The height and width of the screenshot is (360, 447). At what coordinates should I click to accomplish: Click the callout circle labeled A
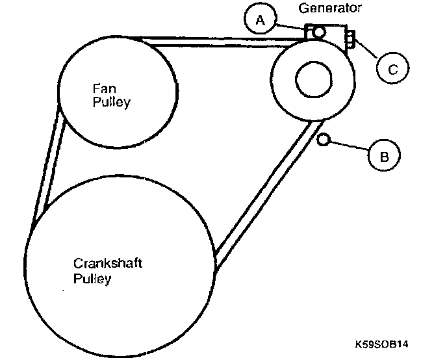261,20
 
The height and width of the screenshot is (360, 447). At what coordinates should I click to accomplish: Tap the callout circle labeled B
384,155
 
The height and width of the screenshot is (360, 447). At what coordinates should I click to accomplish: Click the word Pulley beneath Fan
112,102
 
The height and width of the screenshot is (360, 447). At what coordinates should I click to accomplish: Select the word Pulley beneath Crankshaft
92,279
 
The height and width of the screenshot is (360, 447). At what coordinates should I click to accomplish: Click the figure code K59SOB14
387,342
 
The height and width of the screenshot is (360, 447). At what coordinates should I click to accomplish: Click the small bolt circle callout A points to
320,32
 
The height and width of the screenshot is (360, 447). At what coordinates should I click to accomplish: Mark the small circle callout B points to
324,139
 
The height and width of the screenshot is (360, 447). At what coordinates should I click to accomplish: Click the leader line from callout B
351,148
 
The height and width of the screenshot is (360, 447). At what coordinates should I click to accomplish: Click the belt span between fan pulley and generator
214,41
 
